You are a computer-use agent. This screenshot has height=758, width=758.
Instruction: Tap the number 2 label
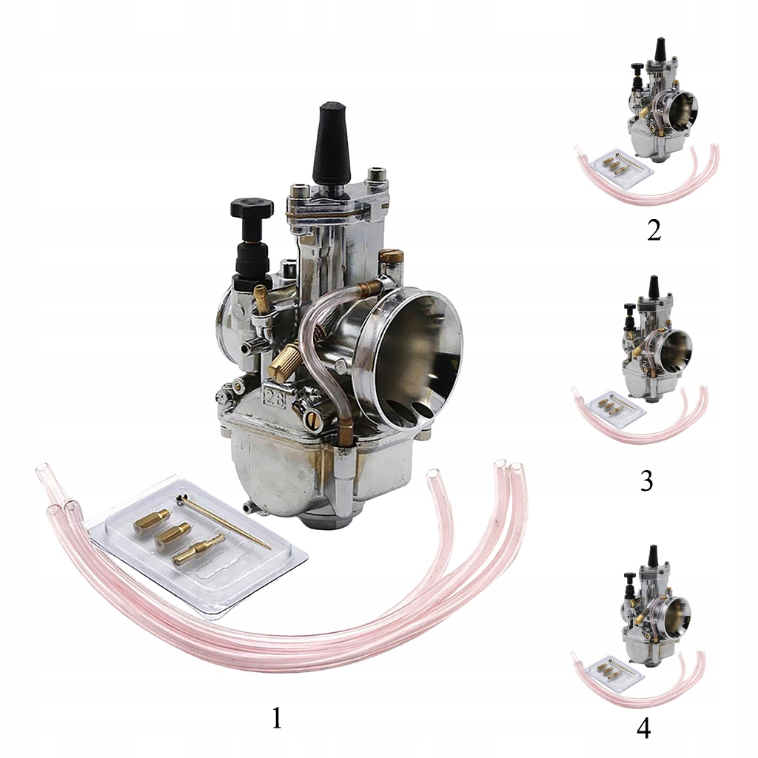[654, 230]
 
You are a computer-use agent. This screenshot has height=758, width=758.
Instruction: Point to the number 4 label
[644, 729]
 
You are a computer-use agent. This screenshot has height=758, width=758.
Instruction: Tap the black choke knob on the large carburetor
[252, 208]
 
